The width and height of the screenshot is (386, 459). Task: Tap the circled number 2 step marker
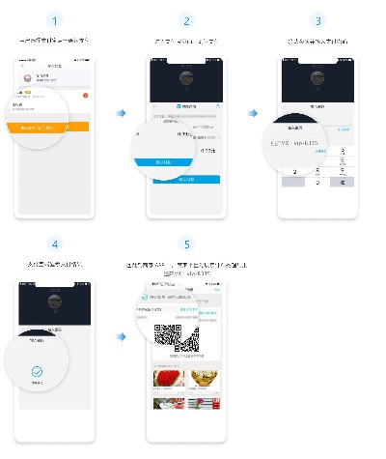pos(186,19)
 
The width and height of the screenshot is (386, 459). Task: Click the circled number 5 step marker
pos(186,244)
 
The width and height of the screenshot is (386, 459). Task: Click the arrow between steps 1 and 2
pos(121,114)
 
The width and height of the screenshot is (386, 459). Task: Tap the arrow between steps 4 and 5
pos(121,337)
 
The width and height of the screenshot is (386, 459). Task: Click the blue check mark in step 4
pos(37,370)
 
